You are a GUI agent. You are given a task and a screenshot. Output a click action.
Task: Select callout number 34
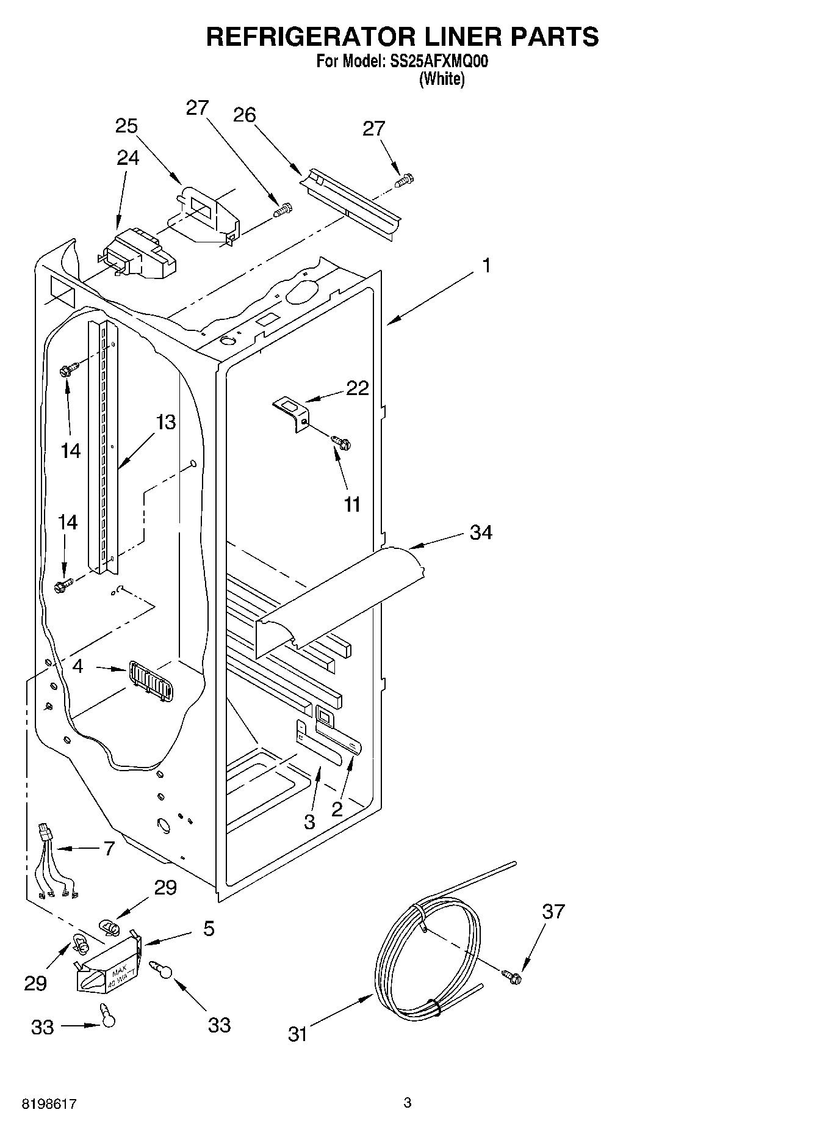[x=481, y=532]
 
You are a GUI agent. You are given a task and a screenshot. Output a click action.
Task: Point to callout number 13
[x=165, y=422]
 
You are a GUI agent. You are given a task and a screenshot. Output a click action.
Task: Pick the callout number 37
[x=553, y=912]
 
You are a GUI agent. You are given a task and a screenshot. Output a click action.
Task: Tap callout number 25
[x=126, y=126]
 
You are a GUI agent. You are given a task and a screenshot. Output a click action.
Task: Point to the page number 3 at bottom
[x=408, y=1103]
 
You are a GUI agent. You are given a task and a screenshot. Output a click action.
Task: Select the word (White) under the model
[x=442, y=79]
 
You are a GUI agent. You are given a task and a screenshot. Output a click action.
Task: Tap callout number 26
[x=245, y=114]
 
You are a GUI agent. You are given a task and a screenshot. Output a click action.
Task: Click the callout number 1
[x=486, y=266]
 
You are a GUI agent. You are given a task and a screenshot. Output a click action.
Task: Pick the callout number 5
[x=209, y=929]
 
